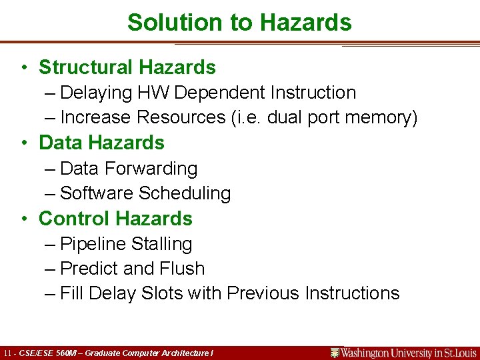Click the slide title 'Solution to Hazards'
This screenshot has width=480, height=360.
[x=239, y=22]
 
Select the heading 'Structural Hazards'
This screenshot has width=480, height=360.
[x=127, y=67]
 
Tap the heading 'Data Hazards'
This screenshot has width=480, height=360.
[x=101, y=143]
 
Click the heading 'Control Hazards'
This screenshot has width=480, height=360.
[x=115, y=219]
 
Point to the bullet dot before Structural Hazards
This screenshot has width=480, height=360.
[x=24, y=68]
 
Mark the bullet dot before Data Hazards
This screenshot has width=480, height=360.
[x=24, y=143]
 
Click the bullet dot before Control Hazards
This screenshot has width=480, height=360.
[x=24, y=219]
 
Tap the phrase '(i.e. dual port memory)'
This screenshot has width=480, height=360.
[x=324, y=118]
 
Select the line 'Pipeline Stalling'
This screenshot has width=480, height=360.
[x=126, y=245]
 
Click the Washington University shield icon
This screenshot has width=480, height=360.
[x=335, y=353]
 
